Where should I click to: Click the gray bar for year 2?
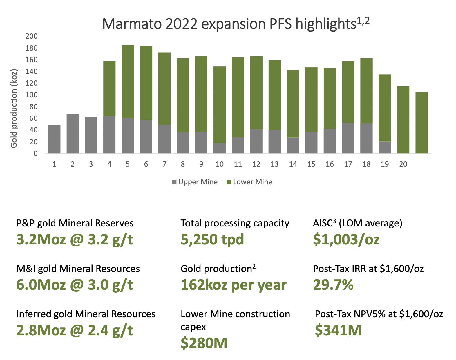73,134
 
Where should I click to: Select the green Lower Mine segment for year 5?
128,82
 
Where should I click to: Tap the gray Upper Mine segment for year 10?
220,148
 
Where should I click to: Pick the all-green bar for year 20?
403,120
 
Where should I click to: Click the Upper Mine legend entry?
195,182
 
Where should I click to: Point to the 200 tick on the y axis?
32,36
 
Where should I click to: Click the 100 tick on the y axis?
32,95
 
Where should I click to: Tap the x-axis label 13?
274,164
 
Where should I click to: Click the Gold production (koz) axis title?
14,108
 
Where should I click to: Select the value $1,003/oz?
346,240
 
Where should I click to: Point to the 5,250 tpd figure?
212,240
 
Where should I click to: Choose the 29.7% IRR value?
333,285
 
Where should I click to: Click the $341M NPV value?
338,330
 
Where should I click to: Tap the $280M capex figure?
204,343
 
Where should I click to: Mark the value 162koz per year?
234,285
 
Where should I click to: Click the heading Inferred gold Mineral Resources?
86,314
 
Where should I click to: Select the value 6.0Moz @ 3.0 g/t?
75,285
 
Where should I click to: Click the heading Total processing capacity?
235,223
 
